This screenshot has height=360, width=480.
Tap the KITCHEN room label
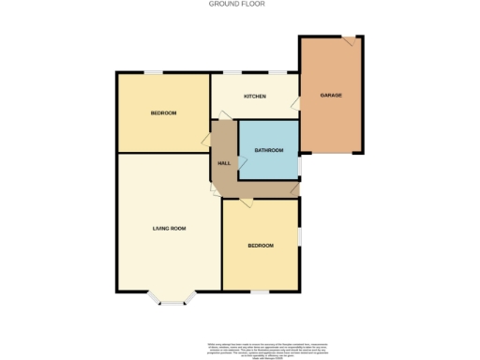tap(255, 97)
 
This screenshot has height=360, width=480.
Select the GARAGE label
tap(330, 97)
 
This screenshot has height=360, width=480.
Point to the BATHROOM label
tap(268, 150)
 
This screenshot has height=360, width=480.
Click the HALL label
tap(224, 163)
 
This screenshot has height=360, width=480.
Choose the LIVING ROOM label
tap(170, 228)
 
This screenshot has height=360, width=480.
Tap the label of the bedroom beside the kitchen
tap(163, 112)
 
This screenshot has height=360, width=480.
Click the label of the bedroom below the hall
tap(261, 246)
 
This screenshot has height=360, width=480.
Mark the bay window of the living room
tap(171, 300)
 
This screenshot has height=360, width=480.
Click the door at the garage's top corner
tap(349, 41)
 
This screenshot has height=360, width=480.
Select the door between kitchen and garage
tap(294, 102)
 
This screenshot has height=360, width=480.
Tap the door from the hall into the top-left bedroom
tap(206, 140)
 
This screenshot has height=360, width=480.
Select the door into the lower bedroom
tap(245, 201)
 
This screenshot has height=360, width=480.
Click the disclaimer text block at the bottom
tap(239, 348)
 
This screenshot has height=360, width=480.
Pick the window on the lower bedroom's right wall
tap(300, 235)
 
